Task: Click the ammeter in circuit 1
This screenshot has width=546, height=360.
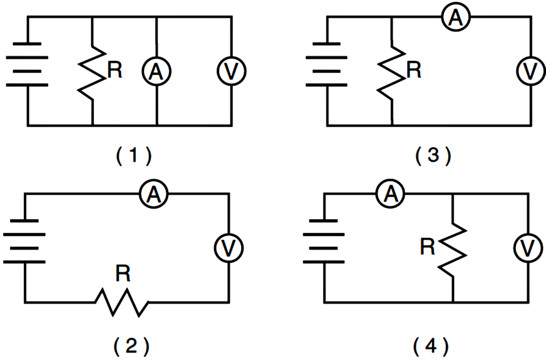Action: pyautogui.click(x=157, y=71)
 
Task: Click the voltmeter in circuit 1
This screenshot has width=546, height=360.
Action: pyautogui.click(x=231, y=71)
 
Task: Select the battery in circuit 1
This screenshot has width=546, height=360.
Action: pyautogui.click(x=27, y=71)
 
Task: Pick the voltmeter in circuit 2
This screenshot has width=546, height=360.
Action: pyautogui.click(x=229, y=247)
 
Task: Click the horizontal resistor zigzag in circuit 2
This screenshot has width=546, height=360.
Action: pyautogui.click(x=122, y=303)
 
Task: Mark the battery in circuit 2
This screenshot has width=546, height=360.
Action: pyautogui.click(x=25, y=241)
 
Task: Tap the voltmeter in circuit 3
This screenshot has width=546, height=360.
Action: pyautogui.click(x=531, y=71)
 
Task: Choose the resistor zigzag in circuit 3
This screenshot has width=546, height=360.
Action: pyautogui.click(x=392, y=71)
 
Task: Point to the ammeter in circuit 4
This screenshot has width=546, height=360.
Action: pyautogui.click(x=391, y=195)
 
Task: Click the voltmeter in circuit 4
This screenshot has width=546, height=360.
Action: pyautogui.click(x=528, y=247)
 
